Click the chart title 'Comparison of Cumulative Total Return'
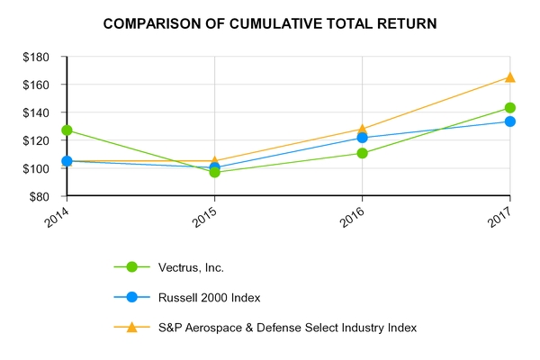click(x=270, y=23)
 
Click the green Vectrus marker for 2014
click(x=67, y=130)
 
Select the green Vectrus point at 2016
click(x=362, y=153)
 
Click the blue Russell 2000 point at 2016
click(x=362, y=138)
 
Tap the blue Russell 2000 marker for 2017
click(x=509, y=121)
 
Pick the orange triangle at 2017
click(x=509, y=77)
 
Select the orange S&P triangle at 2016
click(x=362, y=129)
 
